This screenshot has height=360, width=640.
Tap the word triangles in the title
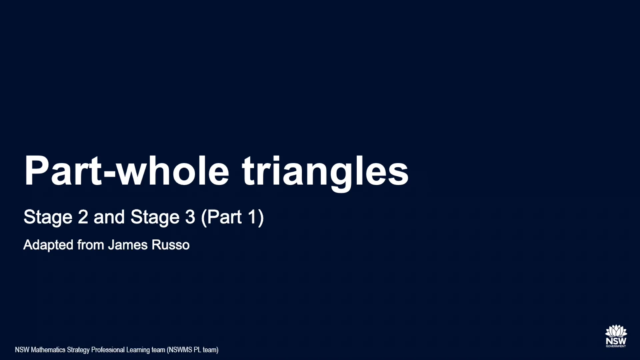(x=325, y=171)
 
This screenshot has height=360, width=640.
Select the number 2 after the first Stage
(x=83, y=217)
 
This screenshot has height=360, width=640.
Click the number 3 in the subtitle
(x=190, y=217)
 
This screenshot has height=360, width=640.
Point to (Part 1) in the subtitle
(x=232, y=217)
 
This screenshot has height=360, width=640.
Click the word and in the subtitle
(x=109, y=217)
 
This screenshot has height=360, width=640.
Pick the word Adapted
(x=48, y=245)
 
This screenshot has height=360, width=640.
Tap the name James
(x=128, y=245)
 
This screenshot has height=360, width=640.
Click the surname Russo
(x=170, y=245)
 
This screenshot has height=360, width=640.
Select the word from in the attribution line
(x=91, y=245)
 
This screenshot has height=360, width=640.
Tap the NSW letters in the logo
(x=616, y=341)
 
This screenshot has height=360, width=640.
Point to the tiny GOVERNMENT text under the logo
(x=616, y=346)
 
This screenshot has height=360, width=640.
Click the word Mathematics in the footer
(x=48, y=350)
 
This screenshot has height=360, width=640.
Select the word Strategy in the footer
(x=78, y=350)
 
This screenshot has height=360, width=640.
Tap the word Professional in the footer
(x=108, y=350)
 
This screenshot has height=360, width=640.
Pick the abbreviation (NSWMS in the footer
(x=179, y=350)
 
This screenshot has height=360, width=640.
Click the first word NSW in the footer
(x=22, y=350)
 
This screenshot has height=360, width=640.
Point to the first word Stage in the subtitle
(x=48, y=217)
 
